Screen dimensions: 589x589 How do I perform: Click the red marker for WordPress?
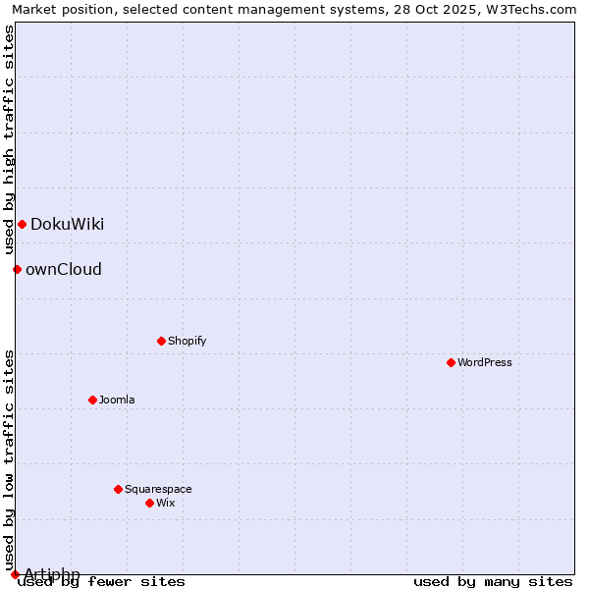[x=451, y=362]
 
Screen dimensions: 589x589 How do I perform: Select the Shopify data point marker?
[x=161, y=341]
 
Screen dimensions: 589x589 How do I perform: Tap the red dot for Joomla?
[x=92, y=400]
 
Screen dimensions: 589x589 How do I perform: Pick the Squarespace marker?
[x=118, y=489]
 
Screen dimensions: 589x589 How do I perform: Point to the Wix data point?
[x=149, y=503]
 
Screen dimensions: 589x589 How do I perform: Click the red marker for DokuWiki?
[x=22, y=224]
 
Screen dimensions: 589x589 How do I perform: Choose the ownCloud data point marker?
[x=17, y=269]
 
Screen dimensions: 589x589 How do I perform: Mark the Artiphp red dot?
[x=15, y=574]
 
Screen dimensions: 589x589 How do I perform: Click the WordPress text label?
[x=485, y=362]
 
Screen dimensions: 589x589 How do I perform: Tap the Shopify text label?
[x=187, y=341]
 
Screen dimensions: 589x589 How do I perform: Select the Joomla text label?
[x=117, y=400]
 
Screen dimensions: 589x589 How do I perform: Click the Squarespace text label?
[x=158, y=489]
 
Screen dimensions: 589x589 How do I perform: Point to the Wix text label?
[x=165, y=503]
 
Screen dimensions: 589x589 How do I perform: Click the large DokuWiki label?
[x=67, y=224]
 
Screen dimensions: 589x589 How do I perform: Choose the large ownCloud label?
[x=63, y=269]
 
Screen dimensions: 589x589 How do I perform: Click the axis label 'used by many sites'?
[x=493, y=581]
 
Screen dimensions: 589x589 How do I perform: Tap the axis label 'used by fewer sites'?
[x=101, y=581]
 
